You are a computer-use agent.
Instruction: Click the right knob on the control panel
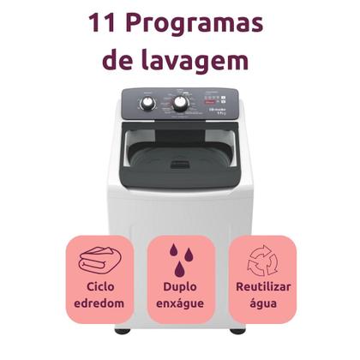pyautogui.click(x=181, y=104)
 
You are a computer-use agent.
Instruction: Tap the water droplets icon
pyautogui.click(x=179, y=258)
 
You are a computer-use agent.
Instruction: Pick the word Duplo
pyautogui.click(x=180, y=288)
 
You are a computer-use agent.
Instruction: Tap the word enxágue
pyautogui.click(x=180, y=304)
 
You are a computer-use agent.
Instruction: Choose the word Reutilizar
pyautogui.click(x=261, y=288)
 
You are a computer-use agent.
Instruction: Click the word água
pyautogui.click(x=261, y=304)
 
